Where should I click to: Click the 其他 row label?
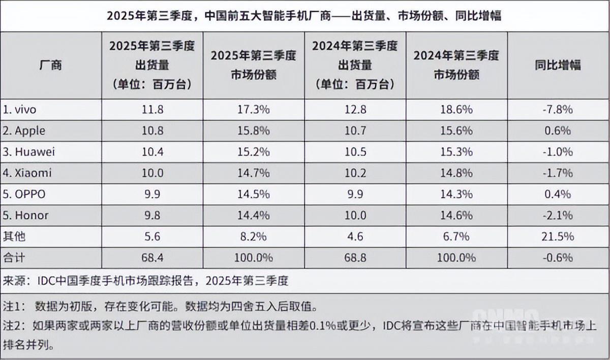15,236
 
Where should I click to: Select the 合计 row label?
15,258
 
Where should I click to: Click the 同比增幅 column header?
558,65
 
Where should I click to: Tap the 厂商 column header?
50,65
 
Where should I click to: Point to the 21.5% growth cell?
558,236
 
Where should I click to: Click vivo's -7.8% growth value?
558,109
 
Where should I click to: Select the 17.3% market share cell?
253,109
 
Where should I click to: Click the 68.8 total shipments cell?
355,258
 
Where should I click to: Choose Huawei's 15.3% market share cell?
456,152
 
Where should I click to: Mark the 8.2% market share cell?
253,236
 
